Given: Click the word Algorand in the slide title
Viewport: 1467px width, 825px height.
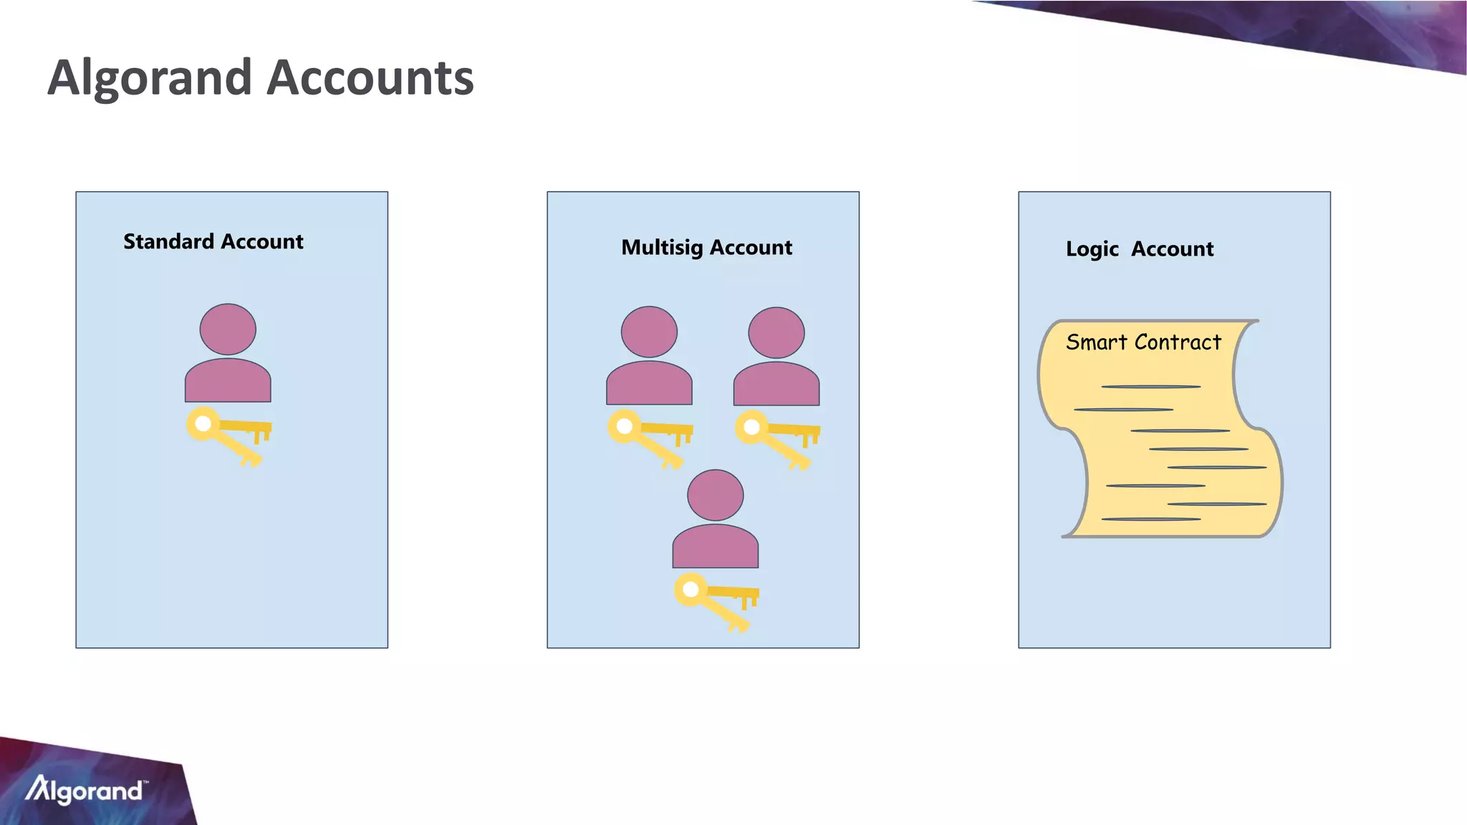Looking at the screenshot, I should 150,77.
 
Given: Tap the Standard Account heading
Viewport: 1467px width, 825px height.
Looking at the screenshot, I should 213,241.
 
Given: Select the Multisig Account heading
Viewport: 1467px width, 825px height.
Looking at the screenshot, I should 706,247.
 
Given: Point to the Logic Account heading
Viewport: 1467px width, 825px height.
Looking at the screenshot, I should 1139,249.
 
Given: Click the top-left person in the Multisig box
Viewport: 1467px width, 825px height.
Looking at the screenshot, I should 649,356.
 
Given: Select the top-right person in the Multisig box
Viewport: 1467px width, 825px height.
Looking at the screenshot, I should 776,357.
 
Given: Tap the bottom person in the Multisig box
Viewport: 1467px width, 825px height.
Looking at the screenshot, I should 715,519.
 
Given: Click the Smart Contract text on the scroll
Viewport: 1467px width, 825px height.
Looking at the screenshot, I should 1143,342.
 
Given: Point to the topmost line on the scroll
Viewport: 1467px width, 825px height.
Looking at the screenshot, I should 1150,387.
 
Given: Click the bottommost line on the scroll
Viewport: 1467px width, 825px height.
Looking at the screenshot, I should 1150,518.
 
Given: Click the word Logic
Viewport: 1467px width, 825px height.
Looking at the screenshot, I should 1092,249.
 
